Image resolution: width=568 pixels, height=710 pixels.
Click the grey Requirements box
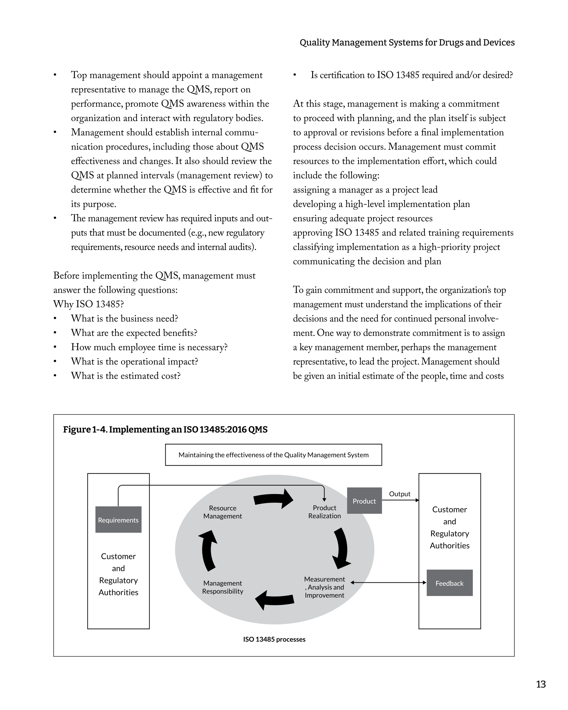[x=118, y=520]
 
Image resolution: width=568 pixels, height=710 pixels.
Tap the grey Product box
[x=364, y=501]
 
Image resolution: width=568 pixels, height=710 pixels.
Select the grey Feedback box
[x=449, y=583]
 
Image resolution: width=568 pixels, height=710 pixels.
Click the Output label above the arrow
[x=399, y=494]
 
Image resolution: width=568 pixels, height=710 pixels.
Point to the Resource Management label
[x=223, y=512]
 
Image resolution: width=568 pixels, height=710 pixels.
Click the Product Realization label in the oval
[x=324, y=512]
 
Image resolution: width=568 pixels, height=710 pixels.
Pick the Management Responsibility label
[x=223, y=587]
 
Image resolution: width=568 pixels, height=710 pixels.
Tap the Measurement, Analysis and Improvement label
[x=324, y=587]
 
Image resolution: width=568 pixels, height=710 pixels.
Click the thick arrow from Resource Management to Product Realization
[x=273, y=499]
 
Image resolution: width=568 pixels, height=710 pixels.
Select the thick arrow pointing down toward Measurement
[x=342, y=548]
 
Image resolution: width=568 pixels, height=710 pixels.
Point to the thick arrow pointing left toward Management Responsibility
[x=275, y=599]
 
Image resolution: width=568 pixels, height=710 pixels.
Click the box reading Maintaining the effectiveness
[x=273, y=455]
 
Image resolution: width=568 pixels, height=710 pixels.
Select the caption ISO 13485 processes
[x=274, y=639]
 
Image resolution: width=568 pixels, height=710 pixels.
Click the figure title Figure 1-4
[x=165, y=429]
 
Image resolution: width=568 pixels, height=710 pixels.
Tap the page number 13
[x=541, y=684]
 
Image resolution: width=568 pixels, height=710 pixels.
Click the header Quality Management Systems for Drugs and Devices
[x=407, y=42]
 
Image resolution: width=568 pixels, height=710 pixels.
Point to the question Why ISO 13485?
[x=89, y=304]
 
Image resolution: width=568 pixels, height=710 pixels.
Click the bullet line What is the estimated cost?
[x=125, y=376]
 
